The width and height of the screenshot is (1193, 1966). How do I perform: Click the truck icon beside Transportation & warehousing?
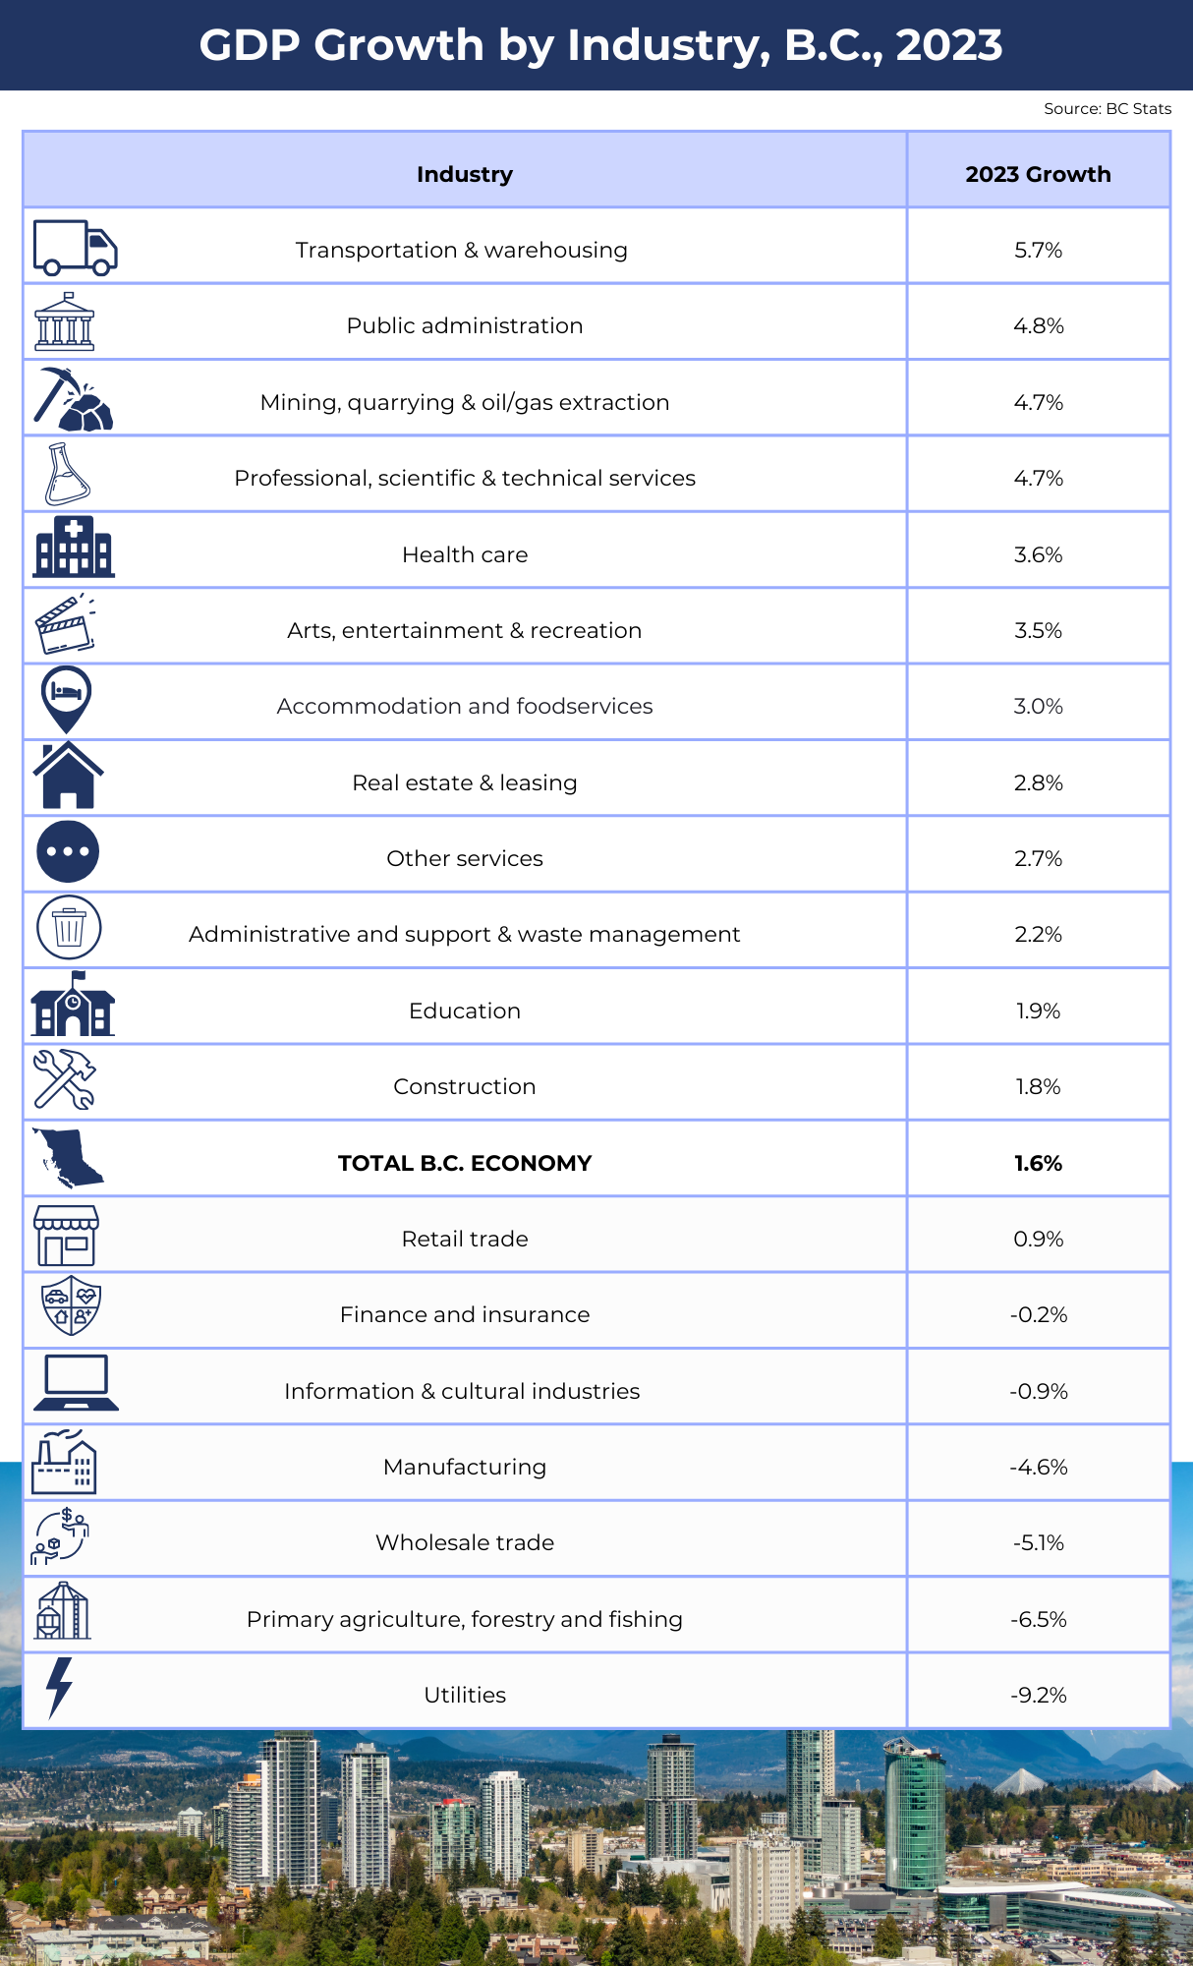pyautogui.click(x=75, y=248)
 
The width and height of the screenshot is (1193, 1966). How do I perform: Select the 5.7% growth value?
pyautogui.click(x=1038, y=251)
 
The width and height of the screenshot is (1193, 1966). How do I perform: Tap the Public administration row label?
pyautogui.click(x=465, y=326)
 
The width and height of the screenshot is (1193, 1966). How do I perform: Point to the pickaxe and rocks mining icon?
pyautogui.click(x=73, y=400)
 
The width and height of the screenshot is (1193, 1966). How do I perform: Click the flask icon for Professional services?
pyautogui.click(x=67, y=475)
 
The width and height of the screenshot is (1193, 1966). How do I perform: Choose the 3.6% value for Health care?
pyautogui.click(x=1038, y=555)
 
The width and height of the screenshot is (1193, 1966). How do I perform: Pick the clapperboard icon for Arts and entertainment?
pyautogui.click(x=66, y=625)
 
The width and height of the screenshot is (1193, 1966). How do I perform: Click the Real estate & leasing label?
pyautogui.click(x=465, y=783)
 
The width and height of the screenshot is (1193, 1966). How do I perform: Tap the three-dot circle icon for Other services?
pyautogui.click(x=68, y=851)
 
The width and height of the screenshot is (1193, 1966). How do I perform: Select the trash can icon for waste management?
pyautogui.click(x=69, y=927)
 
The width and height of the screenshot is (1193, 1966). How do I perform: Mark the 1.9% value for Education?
pyautogui.click(x=1038, y=1012)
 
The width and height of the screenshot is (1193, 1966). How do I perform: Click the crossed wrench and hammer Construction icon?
pyautogui.click(x=65, y=1079)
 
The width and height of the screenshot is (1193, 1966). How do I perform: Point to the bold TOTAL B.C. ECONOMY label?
pyautogui.click(x=465, y=1164)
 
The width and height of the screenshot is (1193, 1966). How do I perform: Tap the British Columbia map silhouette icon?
pyautogui.click(x=68, y=1157)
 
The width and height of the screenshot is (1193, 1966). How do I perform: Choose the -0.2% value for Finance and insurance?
pyautogui.click(x=1038, y=1315)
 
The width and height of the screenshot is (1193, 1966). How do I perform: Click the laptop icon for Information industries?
pyautogui.click(x=76, y=1383)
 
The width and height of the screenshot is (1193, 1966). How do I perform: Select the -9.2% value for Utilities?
pyautogui.click(x=1038, y=1696)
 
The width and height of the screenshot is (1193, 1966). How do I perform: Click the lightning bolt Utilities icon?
pyautogui.click(x=60, y=1688)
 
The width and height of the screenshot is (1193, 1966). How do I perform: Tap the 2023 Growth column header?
pyautogui.click(x=1038, y=175)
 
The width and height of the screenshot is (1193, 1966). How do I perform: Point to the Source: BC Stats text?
pyautogui.click(x=1108, y=109)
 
